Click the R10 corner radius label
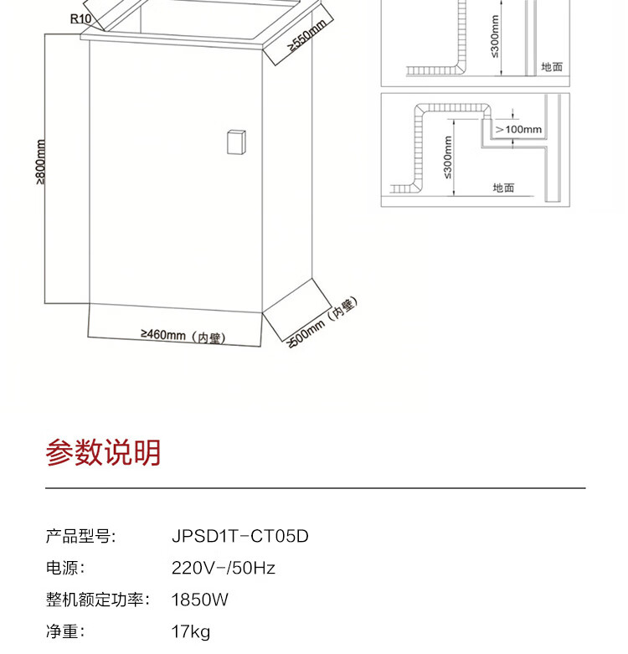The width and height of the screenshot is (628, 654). pos(81,18)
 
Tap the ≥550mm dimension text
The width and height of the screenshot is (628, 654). pos(306,37)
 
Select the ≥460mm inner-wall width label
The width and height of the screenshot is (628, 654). pos(183,336)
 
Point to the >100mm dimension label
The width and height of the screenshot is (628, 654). pos(518,130)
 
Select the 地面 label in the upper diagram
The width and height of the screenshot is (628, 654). pos(552,67)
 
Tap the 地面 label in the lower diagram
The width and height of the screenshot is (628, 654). pos(503,188)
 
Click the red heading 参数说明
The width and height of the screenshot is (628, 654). pos(103,453)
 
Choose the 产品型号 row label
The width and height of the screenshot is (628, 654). pos(80,536)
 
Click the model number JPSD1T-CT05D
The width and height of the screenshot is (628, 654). pos(239,536)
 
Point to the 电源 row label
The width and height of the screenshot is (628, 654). pos(64,568)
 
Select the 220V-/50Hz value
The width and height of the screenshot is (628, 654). pos(223,568)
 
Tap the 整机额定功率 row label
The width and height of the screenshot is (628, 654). pos(97,600)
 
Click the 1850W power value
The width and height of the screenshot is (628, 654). pos(199,600)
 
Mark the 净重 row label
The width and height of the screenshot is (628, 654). pos(64,631)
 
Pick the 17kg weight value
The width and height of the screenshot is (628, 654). pos(191,631)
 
